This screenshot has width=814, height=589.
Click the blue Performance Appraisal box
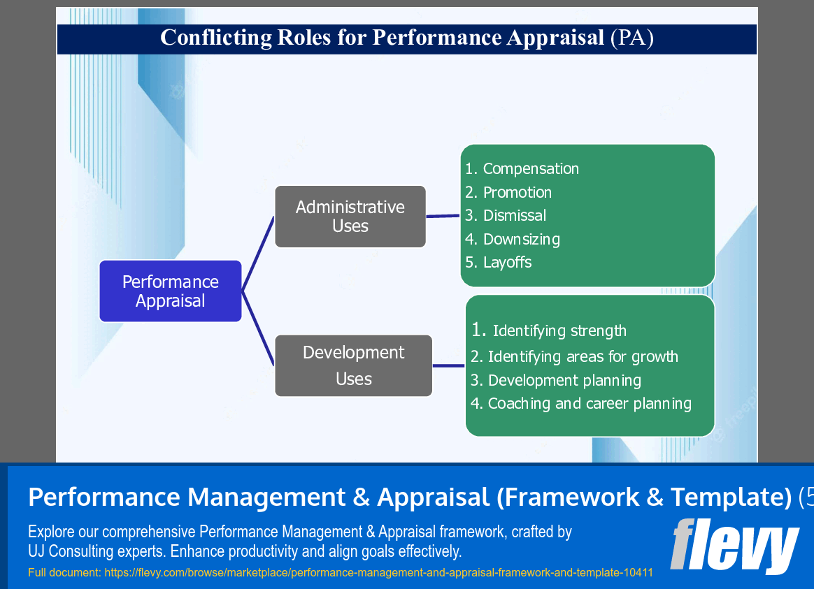click(x=170, y=291)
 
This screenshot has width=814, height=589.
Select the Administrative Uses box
click(x=350, y=217)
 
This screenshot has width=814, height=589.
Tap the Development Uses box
click(x=353, y=365)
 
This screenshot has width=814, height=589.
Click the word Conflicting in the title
click(x=204, y=38)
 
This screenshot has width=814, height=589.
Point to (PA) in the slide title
click(x=631, y=38)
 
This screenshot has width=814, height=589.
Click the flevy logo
click(x=734, y=546)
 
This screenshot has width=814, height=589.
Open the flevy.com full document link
click(x=378, y=573)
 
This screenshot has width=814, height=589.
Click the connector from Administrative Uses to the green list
click(x=443, y=216)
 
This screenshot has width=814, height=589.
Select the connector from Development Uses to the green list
click(x=448, y=365)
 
